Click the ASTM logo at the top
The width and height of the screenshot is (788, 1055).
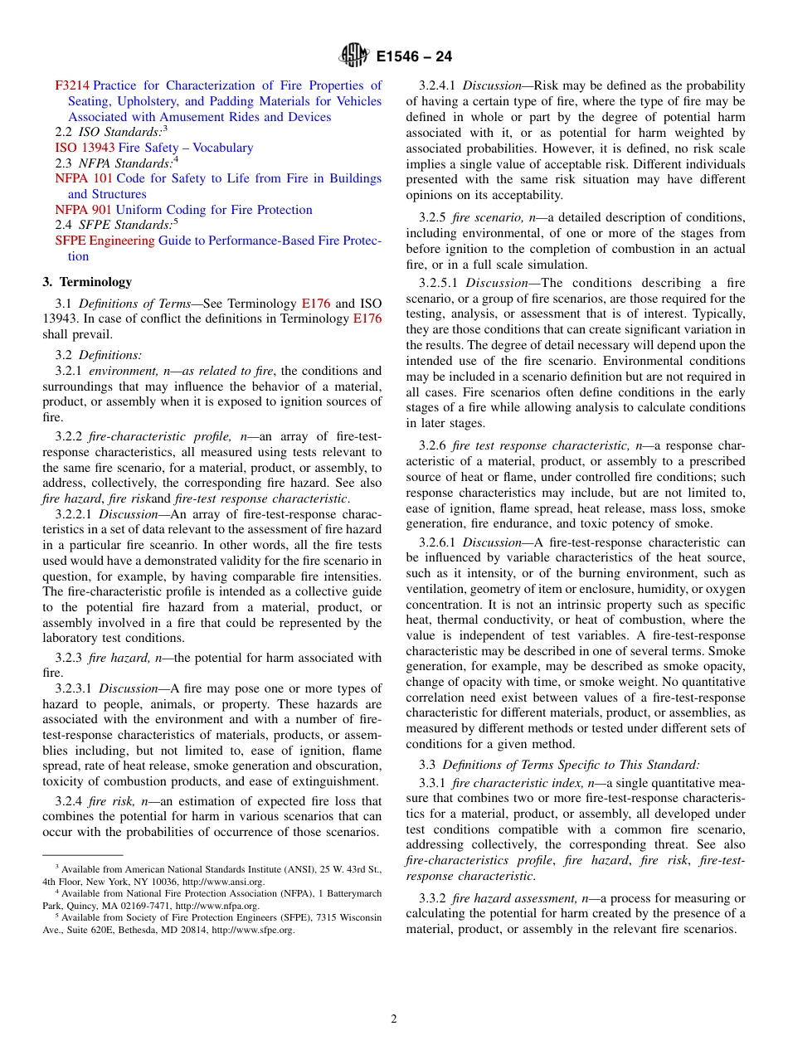pos(354,56)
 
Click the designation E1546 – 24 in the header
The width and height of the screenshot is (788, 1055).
pos(414,57)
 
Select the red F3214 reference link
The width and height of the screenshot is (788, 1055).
pos(72,85)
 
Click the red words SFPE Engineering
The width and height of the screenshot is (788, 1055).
pos(105,241)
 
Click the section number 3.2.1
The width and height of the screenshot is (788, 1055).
pos(69,371)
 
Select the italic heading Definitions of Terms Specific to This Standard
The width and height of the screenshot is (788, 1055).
pos(571,764)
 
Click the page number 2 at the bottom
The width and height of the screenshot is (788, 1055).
pos(394,1019)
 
